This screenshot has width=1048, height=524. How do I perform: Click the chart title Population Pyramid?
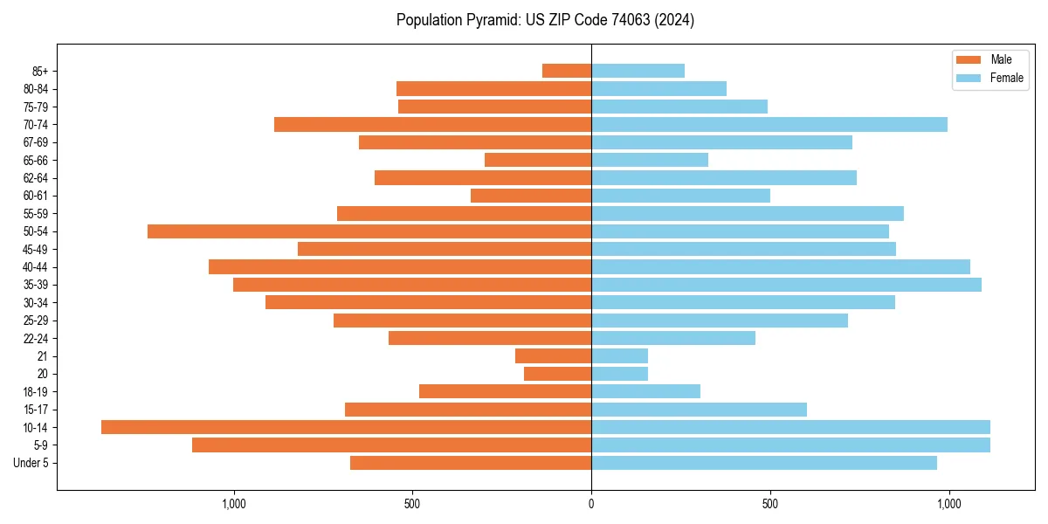pyautogui.click(x=545, y=20)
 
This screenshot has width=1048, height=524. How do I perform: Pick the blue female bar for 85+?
pyautogui.click(x=638, y=71)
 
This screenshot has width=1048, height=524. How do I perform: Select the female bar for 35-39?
pyautogui.click(x=786, y=285)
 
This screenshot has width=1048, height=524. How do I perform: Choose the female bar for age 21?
pyautogui.click(x=619, y=355)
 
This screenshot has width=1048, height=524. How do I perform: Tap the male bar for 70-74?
pyautogui.click(x=432, y=125)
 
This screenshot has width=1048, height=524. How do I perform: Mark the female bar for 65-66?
pyautogui.click(x=650, y=160)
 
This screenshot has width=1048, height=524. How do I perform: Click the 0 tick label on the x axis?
pyautogui.click(x=591, y=504)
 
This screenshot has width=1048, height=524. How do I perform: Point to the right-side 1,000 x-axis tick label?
pyautogui.click(x=948, y=504)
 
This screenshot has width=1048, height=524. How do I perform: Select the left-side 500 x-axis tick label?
pyautogui.click(x=412, y=504)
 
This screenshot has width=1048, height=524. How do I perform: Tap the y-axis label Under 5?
pyautogui.click(x=31, y=463)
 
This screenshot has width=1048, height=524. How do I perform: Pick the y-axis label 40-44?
pyautogui.click(x=36, y=267)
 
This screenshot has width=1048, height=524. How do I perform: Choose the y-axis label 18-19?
pyautogui.click(x=36, y=391)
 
